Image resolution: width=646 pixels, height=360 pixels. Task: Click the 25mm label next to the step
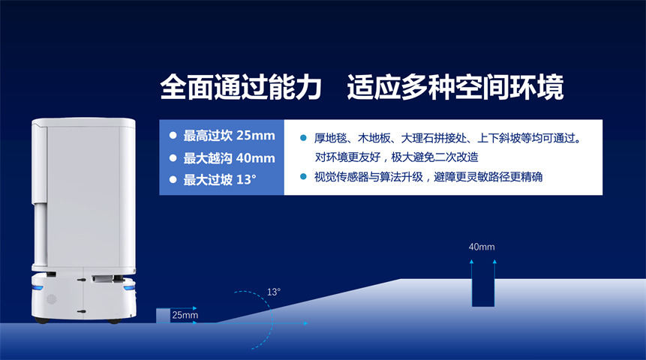[185, 315]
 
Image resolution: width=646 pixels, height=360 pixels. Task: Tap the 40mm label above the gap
[482, 247]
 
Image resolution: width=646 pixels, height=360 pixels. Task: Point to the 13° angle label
[274, 292]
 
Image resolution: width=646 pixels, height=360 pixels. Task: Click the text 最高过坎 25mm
[229, 136]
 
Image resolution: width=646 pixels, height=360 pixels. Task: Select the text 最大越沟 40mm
[229, 158]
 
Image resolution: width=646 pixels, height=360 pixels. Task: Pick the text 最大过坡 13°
[220, 180]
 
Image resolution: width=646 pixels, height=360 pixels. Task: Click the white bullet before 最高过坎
[173, 136]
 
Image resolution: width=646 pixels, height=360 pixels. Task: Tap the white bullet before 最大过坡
[173, 180]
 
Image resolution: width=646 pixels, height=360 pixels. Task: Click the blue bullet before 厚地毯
[304, 138]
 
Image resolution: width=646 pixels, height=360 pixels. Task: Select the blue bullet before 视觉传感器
[304, 177]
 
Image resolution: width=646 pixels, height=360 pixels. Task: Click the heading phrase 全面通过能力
[241, 87]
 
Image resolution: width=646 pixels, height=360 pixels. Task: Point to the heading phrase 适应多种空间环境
[455, 87]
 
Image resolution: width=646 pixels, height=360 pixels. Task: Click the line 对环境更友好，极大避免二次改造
[396, 157]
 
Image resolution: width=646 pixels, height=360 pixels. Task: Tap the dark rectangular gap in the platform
[483, 292]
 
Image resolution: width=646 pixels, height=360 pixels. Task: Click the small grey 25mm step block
[163, 316]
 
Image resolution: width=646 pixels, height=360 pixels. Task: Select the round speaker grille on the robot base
[51, 299]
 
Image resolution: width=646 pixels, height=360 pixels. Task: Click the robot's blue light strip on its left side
[38, 288]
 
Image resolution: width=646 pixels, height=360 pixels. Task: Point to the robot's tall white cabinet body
[83, 193]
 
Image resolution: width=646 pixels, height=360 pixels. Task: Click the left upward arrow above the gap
[472, 269]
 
